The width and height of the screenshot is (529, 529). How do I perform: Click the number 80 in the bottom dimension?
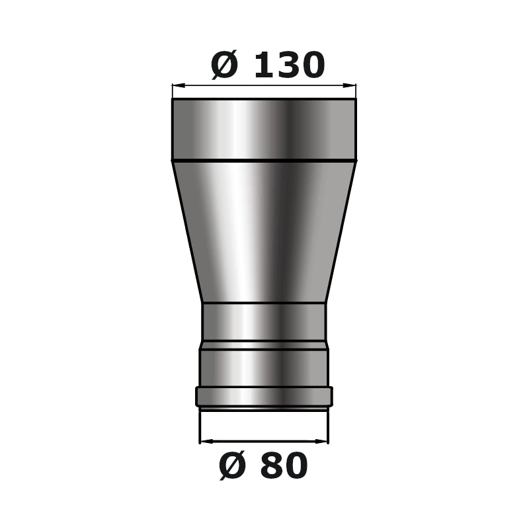[283, 466]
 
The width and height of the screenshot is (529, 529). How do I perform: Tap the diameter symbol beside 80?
[233, 466]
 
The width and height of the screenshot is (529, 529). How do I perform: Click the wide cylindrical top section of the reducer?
[264, 129]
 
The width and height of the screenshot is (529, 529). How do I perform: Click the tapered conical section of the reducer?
[264, 231]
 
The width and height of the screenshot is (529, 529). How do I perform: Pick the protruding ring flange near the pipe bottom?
[264, 396]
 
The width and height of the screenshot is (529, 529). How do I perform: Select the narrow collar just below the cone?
[264, 321]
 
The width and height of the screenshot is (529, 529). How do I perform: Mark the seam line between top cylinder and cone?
[264, 161]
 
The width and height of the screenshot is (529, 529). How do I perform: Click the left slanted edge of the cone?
[187, 231]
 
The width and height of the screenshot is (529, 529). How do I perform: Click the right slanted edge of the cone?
[341, 231]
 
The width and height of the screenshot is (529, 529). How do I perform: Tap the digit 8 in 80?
[270, 466]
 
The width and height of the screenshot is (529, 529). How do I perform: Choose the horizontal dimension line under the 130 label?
[264, 85]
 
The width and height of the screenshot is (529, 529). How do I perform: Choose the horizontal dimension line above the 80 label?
[264, 440]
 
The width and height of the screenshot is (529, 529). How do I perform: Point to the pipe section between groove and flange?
[264, 368]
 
